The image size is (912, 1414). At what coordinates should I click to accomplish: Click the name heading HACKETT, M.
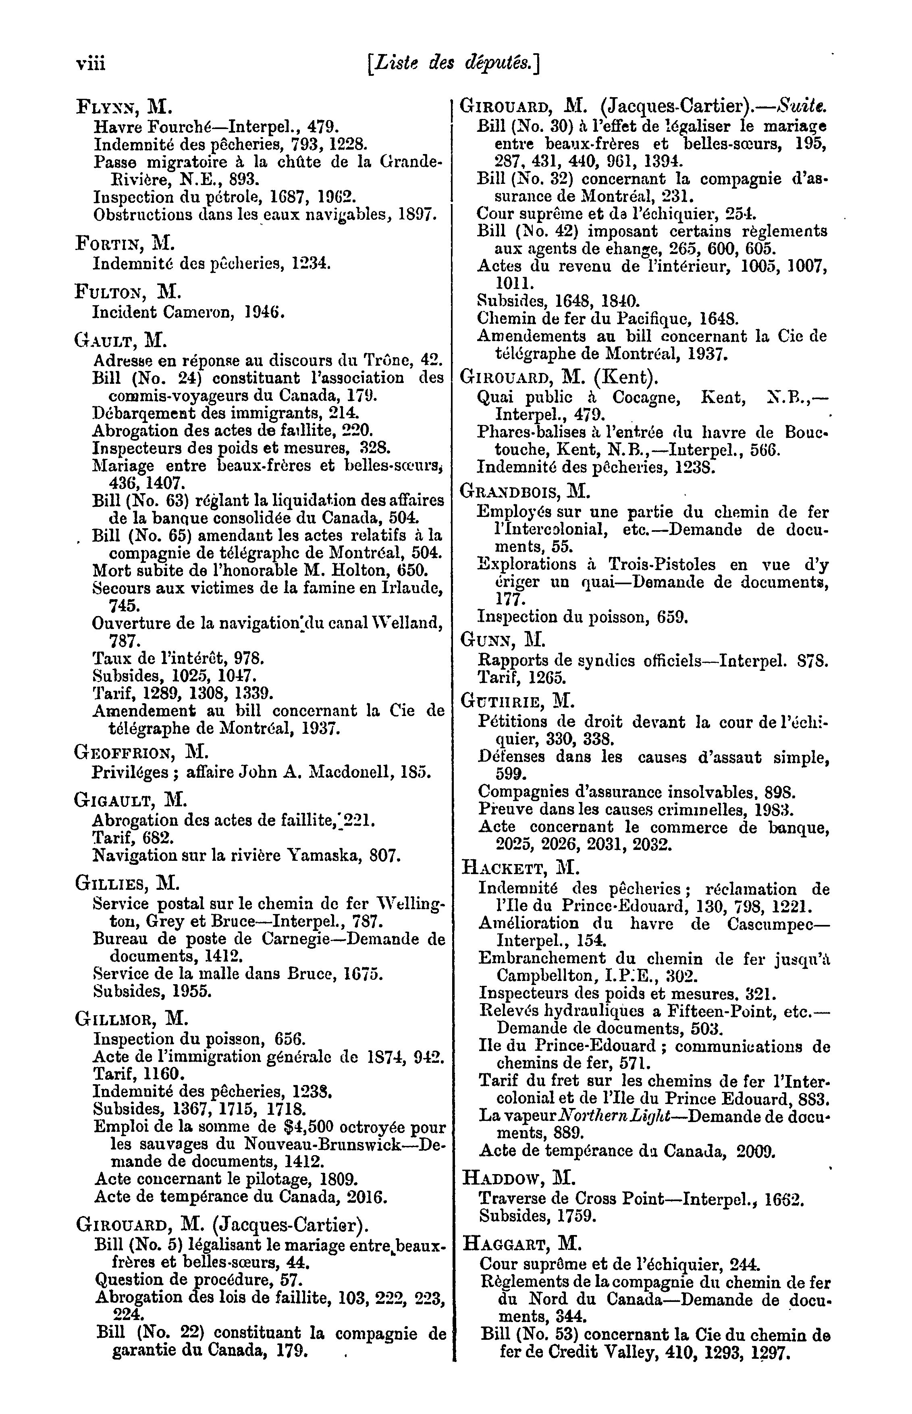pyautogui.click(x=520, y=868)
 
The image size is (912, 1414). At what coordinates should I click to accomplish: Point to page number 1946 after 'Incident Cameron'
pyautogui.click(x=265, y=312)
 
